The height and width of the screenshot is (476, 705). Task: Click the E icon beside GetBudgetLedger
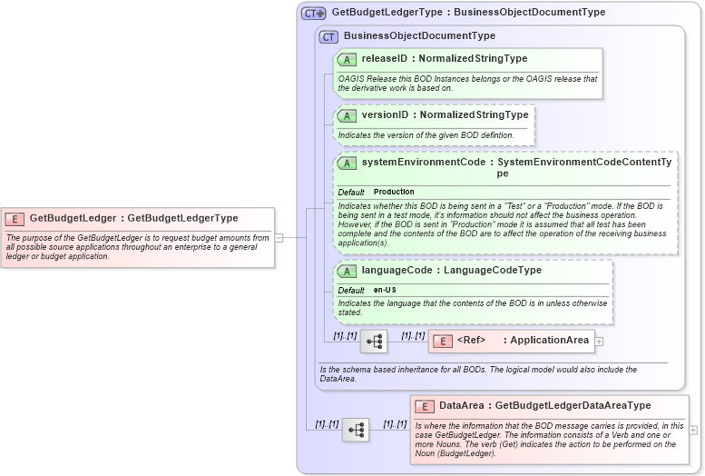click(15, 218)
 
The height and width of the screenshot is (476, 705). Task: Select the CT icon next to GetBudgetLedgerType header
click(314, 13)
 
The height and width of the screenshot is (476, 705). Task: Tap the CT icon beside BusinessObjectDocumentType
click(328, 36)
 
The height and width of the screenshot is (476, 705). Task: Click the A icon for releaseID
click(347, 59)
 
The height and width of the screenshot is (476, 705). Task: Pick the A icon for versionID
click(347, 115)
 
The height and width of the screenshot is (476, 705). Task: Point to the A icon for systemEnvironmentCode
click(347, 163)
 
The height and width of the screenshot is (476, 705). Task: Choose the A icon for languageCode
click(347, 271)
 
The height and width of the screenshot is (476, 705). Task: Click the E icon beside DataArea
click(424, 406)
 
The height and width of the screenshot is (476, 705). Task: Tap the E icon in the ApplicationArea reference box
click(442, 341)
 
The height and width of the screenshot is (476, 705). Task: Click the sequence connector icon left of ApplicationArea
click(374, 342)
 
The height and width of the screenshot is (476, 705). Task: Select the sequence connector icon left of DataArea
click(355, 430)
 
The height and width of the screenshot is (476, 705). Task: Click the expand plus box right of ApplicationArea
click(599, 342)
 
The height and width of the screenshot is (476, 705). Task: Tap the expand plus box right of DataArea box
click(693, 430)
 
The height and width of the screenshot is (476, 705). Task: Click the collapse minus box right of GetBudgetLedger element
click(279, 238)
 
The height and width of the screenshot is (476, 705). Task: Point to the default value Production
click(394, 192)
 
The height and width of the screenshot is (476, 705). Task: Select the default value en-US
click(385, 290)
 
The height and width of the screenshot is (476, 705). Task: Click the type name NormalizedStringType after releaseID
click(473, 59)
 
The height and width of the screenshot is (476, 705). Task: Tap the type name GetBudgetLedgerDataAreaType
click(573, 406)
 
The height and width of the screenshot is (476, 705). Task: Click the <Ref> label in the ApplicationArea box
click(472, 341)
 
